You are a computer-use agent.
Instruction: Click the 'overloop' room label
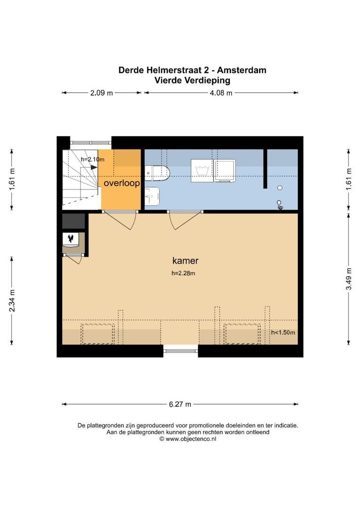coord(122,183)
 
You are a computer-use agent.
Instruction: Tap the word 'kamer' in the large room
coord(185,260)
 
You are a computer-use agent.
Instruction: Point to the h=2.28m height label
coord(183,273)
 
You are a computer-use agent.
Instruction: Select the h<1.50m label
coord(283,332)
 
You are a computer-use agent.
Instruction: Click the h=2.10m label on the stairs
coord(92,159)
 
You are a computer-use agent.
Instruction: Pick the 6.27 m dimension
coord(180,404)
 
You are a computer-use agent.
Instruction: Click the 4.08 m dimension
coord(221,93)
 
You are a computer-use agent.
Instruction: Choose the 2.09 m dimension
coord(101,93)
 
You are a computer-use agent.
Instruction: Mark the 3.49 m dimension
coord(349,279)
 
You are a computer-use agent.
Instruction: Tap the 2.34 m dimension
coord(12,301)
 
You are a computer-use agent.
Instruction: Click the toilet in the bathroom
coord(157,173)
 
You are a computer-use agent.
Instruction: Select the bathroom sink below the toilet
coord(152,197)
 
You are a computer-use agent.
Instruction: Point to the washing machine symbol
coord(202,171)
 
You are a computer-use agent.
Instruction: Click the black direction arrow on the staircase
coord(94,167)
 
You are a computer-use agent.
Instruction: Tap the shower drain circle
coord(280,188)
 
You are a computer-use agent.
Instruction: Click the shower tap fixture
coord(280,205)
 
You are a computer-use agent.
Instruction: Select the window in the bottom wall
coord(180,351)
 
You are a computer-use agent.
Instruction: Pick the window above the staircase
coord(91,142)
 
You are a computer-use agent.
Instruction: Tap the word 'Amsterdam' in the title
coord(242,70)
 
